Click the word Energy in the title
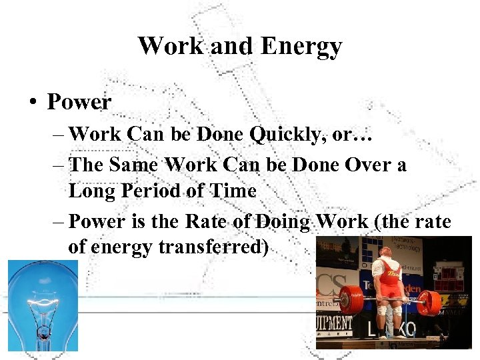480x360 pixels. pos(301,47)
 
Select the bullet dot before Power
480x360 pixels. pos(32,103)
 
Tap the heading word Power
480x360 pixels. pos(79,102)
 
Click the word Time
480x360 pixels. pos(233,191)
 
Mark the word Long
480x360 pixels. pos(92,191)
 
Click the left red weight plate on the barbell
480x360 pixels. pos(350,300)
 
